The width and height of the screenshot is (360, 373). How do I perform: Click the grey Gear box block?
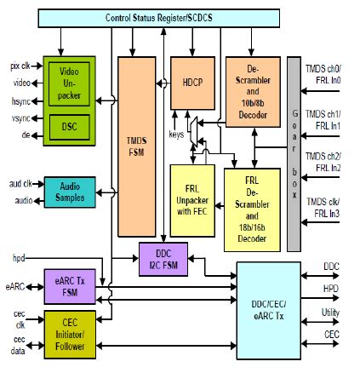(x=294, y=153)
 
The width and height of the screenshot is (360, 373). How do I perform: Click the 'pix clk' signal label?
(x=20, y=66)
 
